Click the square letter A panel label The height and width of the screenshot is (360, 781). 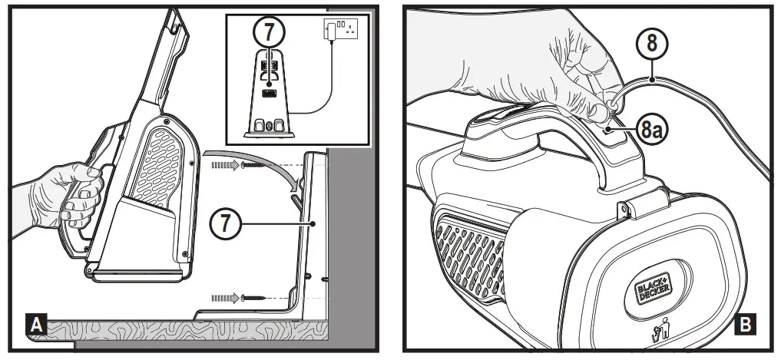click(34, 326)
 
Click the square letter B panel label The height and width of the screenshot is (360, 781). click(744, 326)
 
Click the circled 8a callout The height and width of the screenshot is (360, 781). click(652, 130)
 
